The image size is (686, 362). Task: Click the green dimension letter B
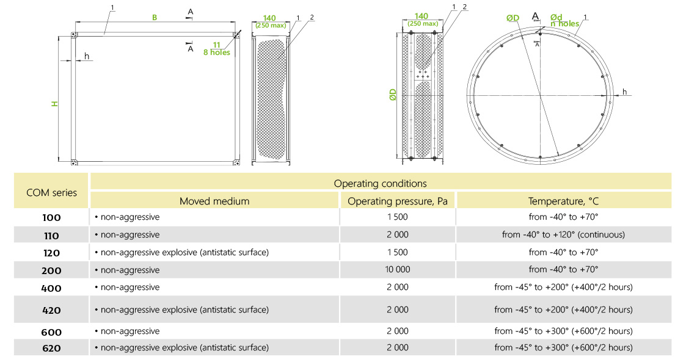click(155, 18)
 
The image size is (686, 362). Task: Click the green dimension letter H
click(54, 104)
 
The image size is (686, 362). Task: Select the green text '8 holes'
click(217, 52)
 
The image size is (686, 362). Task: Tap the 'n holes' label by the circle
click(564, 24)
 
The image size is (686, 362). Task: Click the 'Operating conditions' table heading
click(380, 183)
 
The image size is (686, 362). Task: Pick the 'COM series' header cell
click(52, 192)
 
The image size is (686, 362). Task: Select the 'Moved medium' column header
click(214, 201)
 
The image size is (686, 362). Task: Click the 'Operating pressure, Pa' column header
click(397, 201)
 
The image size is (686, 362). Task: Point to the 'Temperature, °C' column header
click(563, 201)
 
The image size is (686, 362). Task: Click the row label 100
click(52, 217)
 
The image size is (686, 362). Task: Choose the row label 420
click(52, 310)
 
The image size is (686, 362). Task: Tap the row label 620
click(52, 348)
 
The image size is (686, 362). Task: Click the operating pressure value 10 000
click(397, 269)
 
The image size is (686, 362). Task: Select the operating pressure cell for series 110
click(397, 234)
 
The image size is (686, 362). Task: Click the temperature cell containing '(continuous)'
click(563, 234)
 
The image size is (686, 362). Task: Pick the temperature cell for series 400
click(563, 287)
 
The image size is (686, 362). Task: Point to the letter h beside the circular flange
click(624, 92)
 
